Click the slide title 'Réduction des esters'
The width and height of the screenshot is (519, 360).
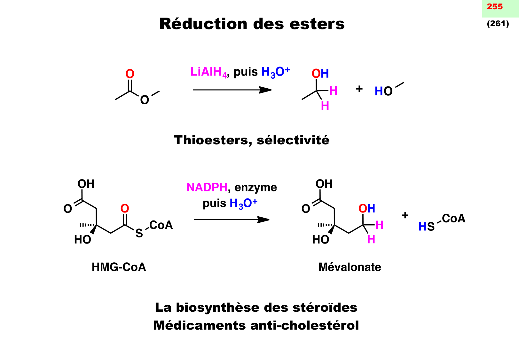(252, 24)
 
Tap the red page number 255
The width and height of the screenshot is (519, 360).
(494, 7)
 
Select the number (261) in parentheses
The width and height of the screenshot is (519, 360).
(498, 24)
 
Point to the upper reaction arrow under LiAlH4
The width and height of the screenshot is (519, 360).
(232, 90)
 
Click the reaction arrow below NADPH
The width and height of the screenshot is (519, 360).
(232, 220)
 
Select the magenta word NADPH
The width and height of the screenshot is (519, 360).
(207, 187)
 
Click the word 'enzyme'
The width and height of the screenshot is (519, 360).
(256, 188)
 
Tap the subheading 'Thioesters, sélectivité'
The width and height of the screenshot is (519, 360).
(251, 140)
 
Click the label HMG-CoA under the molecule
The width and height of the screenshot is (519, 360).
(119, 267)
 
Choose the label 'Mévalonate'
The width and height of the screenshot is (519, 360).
(350, 267)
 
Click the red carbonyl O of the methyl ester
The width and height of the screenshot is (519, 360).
(130, 74)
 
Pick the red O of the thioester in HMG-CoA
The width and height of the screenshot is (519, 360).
(125, 209)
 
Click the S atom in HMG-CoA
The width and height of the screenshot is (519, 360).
(139, 233)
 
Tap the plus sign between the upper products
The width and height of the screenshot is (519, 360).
(359, 89)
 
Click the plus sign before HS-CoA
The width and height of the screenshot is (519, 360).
(405, 215)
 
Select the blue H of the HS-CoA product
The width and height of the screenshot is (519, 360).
(422, 227)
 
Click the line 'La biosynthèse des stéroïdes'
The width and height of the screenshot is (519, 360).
(256, 308)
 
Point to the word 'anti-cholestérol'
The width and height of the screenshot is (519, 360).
(305, 325)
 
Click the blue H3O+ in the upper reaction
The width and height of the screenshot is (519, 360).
(275, 72)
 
